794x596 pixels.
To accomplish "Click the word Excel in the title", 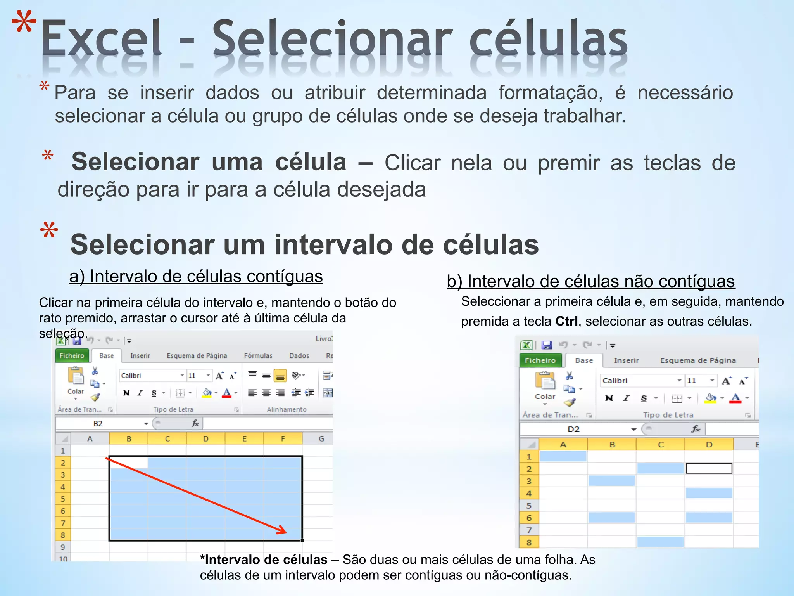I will [101, 39].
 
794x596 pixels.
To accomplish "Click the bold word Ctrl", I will [566, 321].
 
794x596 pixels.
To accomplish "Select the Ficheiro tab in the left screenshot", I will [72, 355].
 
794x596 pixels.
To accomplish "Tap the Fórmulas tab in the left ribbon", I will [258, 356].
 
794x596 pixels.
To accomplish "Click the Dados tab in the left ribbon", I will [299, 356].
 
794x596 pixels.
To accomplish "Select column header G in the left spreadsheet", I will [321, 438].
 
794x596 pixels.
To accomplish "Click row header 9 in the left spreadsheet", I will [63, 547].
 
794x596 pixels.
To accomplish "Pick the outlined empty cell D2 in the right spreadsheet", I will [709, 468].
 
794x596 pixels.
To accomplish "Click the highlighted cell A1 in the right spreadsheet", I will [563, 456].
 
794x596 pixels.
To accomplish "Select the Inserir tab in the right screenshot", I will [626, 360].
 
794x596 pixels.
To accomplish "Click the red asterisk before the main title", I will [24, 23].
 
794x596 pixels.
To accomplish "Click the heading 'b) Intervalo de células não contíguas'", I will [590, 281].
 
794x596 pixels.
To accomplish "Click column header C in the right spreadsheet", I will [660, 444].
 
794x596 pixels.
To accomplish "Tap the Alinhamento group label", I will [287, 409].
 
